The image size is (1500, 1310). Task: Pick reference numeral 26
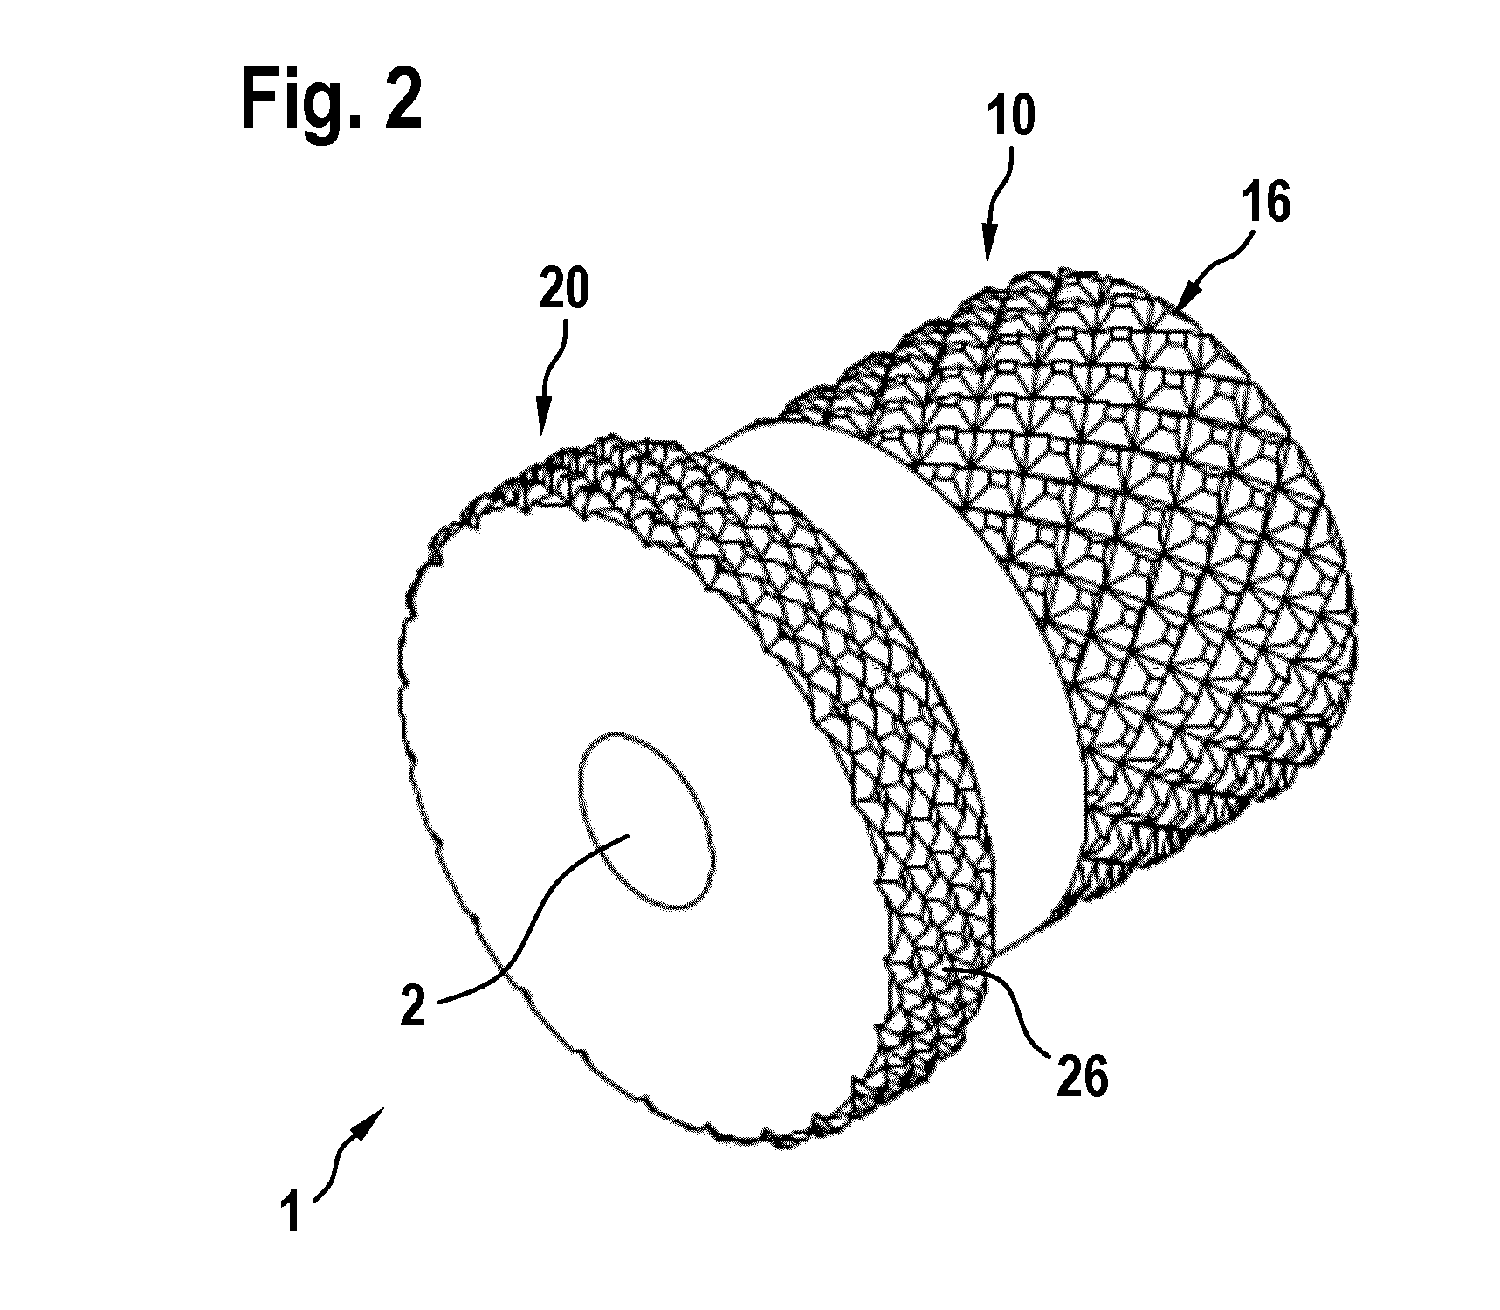coord(1082,1076)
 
